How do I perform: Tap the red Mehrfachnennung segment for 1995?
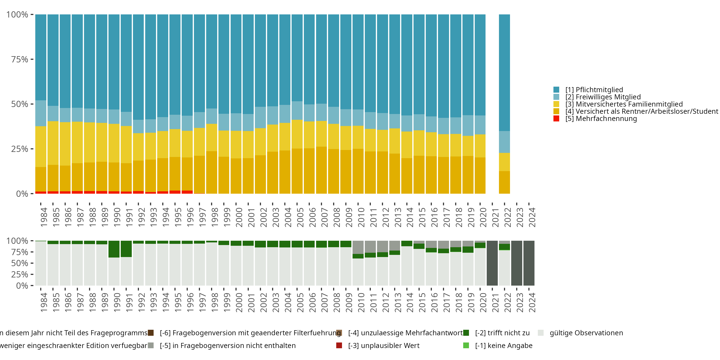175,192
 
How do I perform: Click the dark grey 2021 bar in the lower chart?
492,263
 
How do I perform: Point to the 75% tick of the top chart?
20,59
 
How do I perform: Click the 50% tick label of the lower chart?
20,263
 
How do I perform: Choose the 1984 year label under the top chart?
44,217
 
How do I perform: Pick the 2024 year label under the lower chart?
532,302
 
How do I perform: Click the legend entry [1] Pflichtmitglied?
594,90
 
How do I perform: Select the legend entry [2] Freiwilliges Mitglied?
603,97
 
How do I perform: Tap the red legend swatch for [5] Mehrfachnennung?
556,119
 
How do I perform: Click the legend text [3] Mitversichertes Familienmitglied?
624,104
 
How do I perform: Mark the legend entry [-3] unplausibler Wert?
384,345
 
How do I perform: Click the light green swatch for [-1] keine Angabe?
466,345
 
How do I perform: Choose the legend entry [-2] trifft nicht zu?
502,333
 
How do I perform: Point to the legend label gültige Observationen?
586,333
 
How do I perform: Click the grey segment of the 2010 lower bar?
358,247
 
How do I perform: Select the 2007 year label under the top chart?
324,217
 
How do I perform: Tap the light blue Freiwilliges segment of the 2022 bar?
504,142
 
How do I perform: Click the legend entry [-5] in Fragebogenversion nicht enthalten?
228,345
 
